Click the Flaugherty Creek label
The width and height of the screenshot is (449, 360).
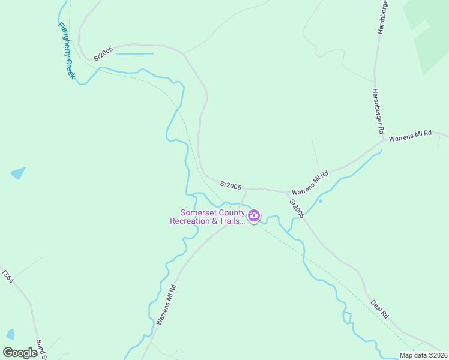(66, 50)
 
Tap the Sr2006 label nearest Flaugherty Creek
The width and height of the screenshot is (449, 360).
(103, 55)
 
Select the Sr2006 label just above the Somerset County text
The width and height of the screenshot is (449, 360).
(230, 185)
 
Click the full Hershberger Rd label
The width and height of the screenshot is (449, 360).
(378, 111)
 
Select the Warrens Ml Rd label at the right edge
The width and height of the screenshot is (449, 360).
(411, 136)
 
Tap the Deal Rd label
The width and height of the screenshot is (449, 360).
(380, 308)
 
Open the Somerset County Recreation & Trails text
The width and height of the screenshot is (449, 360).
(208, 217)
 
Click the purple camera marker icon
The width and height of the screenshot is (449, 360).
(254, 216)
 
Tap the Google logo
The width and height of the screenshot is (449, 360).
(20, 352)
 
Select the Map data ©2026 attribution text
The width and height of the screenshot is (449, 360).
(423, 355)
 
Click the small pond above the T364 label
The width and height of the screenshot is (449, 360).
(19, 173)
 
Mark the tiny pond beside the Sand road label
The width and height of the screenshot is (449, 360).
(10, 334)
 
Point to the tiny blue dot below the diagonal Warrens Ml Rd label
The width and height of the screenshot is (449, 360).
(321, 201)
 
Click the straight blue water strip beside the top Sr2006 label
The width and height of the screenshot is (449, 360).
(134, 54)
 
